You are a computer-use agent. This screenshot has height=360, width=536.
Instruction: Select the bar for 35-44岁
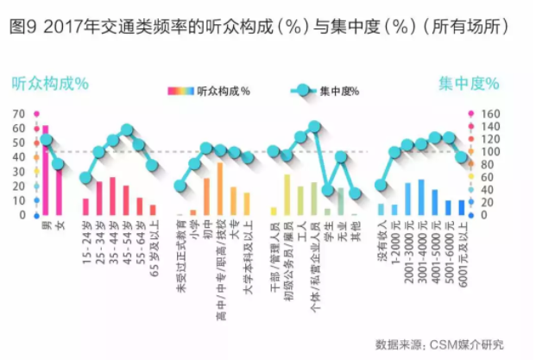112,196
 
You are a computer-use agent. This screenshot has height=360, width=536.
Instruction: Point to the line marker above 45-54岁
126,129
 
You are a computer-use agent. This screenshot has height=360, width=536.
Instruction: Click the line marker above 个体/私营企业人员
314,126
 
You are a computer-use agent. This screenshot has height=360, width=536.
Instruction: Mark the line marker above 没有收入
381,185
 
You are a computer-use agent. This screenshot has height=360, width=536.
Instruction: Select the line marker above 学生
328,190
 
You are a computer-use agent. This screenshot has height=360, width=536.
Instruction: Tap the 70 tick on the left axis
19,114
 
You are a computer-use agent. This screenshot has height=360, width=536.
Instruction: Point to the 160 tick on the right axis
490,114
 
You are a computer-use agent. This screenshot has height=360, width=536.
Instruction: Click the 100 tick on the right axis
490,152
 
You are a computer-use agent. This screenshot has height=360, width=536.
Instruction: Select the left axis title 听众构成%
50,84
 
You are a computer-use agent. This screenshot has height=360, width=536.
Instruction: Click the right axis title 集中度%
468,84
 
